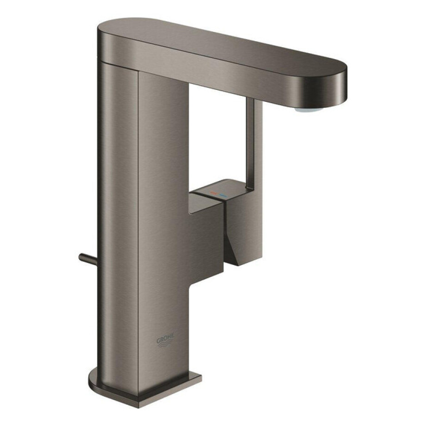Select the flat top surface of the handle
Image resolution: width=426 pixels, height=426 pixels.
click(218, 192)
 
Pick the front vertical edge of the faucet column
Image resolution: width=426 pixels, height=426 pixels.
click(138, 232)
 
